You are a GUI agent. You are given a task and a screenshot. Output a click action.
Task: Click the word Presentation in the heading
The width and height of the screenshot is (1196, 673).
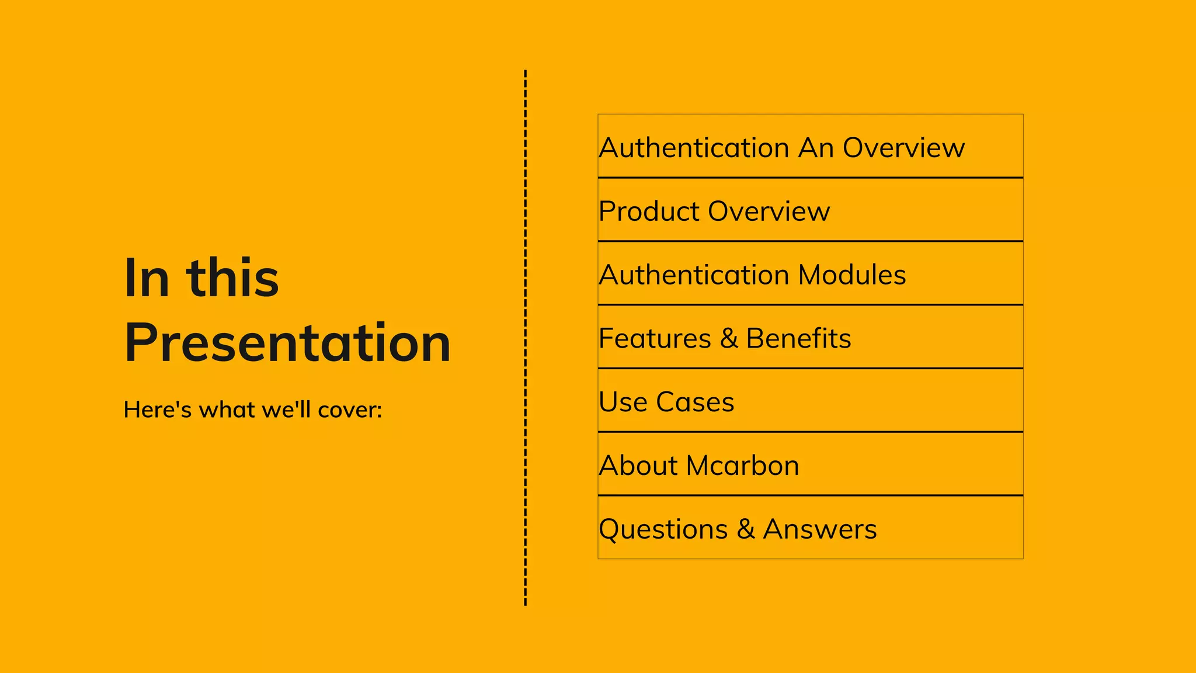point(287,343)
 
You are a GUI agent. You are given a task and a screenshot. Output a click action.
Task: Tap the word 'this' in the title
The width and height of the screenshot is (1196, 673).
point(232,278)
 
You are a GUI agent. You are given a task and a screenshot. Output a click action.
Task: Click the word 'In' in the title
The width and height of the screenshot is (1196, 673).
point(147,278)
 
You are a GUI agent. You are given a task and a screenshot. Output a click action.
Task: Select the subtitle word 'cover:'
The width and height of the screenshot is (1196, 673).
point(350,410)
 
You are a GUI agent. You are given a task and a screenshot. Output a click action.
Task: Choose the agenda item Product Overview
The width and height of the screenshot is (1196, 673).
point(714,211)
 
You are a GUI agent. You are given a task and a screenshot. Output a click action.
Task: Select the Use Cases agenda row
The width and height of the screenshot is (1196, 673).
point(666,402)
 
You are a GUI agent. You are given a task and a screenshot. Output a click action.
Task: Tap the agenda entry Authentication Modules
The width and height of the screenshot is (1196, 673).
point(752,275)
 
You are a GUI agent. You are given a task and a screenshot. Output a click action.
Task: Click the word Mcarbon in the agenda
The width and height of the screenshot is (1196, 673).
point(742,466)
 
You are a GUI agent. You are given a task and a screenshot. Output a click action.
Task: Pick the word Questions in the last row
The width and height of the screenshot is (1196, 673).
point(663,530)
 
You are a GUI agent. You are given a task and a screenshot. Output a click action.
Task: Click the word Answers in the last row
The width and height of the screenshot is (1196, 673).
point(820,529)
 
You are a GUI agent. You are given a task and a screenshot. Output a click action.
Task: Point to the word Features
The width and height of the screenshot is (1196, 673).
point(655,339)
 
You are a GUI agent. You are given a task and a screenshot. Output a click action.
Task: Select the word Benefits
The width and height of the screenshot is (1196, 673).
point(798,339)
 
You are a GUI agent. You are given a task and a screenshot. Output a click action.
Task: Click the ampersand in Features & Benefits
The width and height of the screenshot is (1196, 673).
point(729,339)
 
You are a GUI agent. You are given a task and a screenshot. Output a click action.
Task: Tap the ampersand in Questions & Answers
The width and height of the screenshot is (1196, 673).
point(746,529)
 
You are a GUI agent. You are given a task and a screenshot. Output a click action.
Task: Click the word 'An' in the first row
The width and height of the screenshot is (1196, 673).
point(816,148)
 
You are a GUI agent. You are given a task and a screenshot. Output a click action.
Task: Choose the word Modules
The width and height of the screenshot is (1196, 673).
point(852,275)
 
